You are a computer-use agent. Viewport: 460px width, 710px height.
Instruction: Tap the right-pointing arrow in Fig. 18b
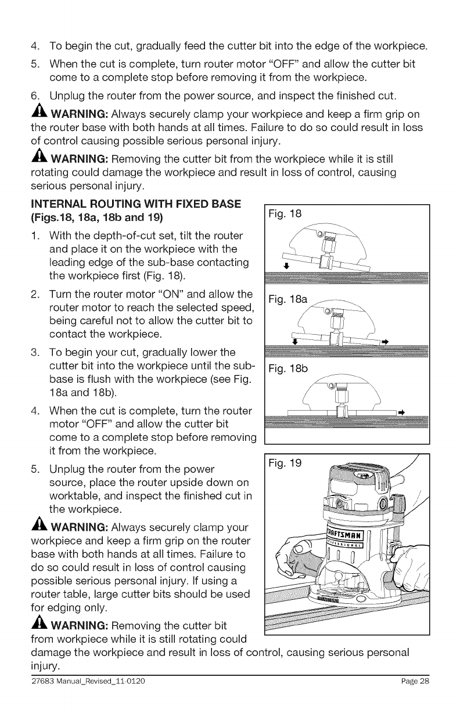400,412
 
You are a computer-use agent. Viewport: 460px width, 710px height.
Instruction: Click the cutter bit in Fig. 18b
341,411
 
